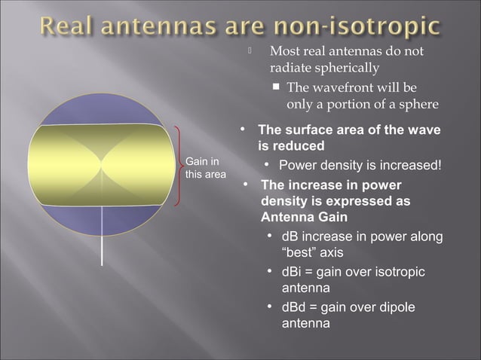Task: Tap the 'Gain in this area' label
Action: click(202, 168)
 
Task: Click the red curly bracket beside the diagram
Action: click(178, 166)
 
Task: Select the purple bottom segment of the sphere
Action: click(102, 220)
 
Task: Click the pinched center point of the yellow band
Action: click(102, 163)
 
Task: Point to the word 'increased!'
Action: click(409, 165)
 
